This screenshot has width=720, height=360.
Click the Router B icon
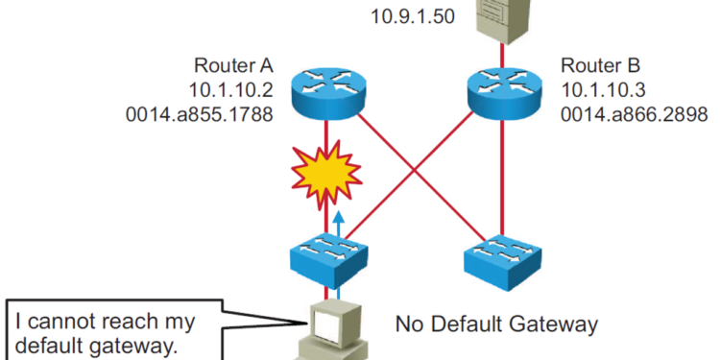[499, 89]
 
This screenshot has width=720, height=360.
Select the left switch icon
[327, 257]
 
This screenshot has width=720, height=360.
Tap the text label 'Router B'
[596, 66]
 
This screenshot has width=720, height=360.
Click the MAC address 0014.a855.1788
[206, 113]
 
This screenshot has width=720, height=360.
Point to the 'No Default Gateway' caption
[497, 324]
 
